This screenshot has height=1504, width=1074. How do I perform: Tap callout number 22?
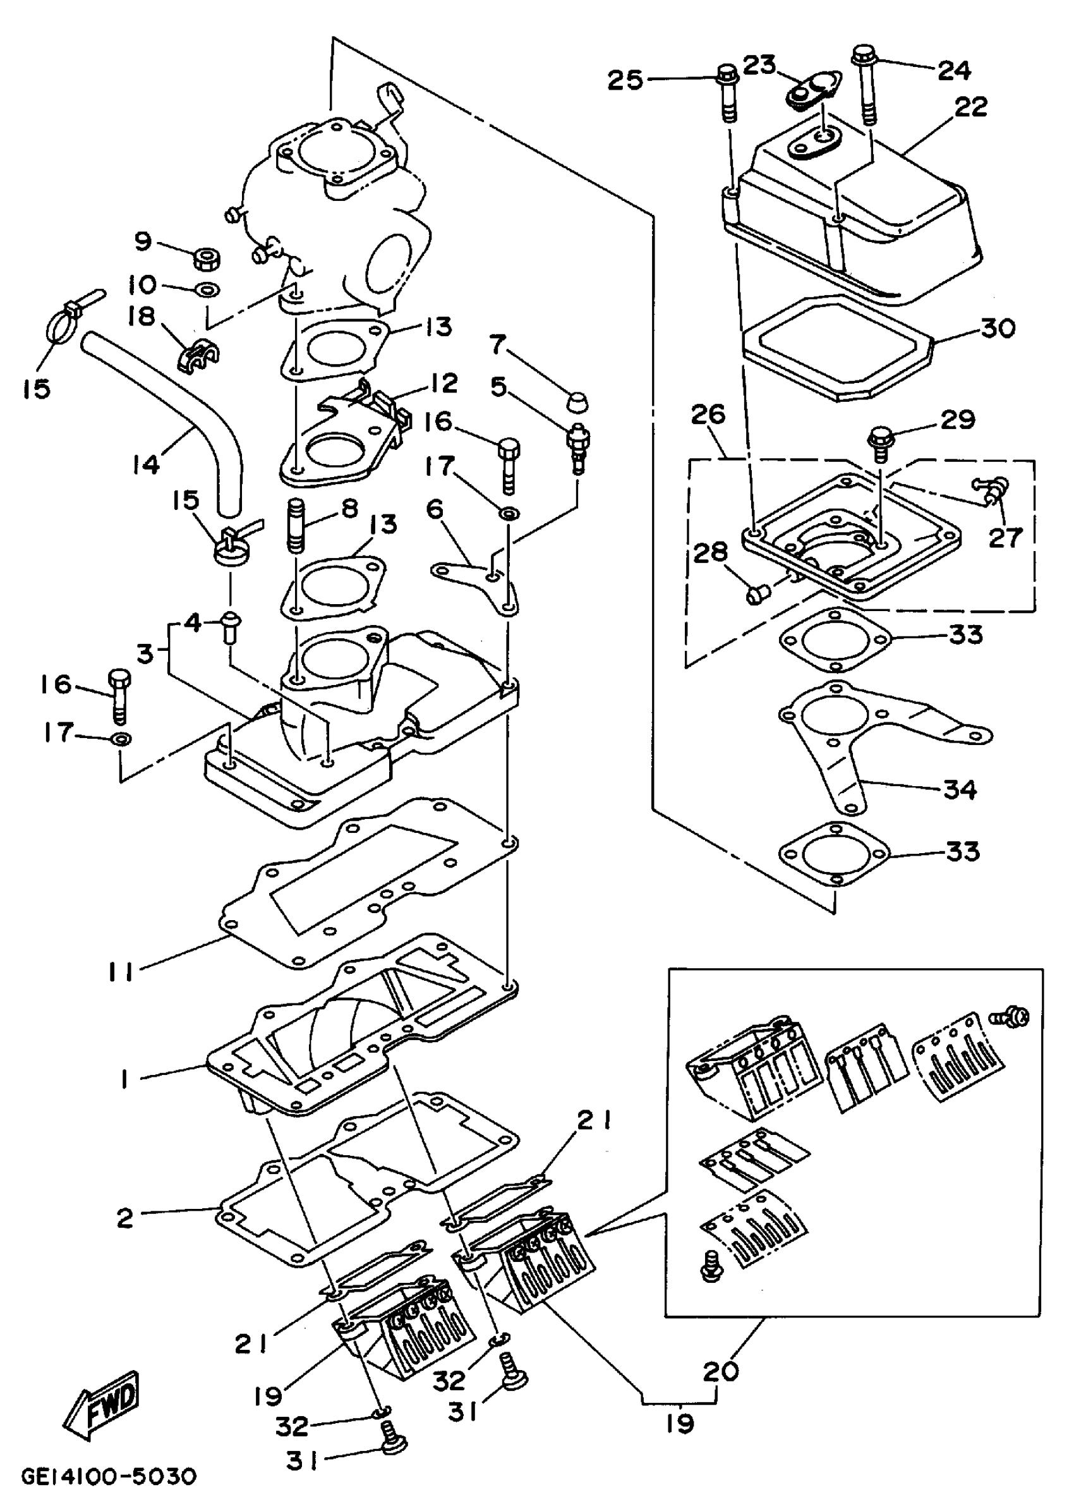tap(970, 107)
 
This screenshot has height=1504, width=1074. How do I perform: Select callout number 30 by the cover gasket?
tap(998, 329)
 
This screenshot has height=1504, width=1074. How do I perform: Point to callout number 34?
tap(960, 789)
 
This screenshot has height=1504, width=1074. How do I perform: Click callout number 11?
tap(121, 971)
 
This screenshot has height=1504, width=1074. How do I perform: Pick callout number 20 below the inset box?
tap(720, 1372)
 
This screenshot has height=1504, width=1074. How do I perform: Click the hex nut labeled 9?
tap(208, 258)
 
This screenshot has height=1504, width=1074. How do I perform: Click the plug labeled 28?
tap(756, 595)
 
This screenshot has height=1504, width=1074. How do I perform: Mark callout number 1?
tap(124, 1080)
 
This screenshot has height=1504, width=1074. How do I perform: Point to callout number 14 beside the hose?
tap(145, 464)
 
